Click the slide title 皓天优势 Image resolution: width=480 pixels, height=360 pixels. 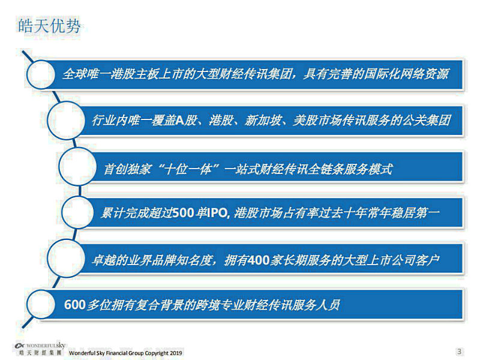click(49, 26)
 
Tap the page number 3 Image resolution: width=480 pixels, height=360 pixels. click(459, 351)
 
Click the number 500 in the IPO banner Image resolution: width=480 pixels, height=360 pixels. click(183, 212)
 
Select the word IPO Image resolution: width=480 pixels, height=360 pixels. click(218, 212)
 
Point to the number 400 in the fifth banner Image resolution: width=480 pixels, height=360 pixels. click(259, 260)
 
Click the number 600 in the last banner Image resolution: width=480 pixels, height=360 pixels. click(74, 305)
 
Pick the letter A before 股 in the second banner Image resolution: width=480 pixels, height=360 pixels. click(179, 121)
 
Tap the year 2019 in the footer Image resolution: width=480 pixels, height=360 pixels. click(176, 353)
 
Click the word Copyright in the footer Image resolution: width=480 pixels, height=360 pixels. click(157, 353)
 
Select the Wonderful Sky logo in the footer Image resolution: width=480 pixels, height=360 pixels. click(40, 349)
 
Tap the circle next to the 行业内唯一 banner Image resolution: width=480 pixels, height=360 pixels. click(67, 121)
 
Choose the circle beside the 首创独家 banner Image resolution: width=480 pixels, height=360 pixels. click(78, 166)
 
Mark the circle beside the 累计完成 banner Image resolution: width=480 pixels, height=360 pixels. click(78, 212)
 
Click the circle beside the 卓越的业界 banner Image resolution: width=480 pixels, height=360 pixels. click(67, 259)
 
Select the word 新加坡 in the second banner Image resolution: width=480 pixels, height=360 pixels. click(263, 121)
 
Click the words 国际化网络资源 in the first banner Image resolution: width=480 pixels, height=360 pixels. click(409, 74)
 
